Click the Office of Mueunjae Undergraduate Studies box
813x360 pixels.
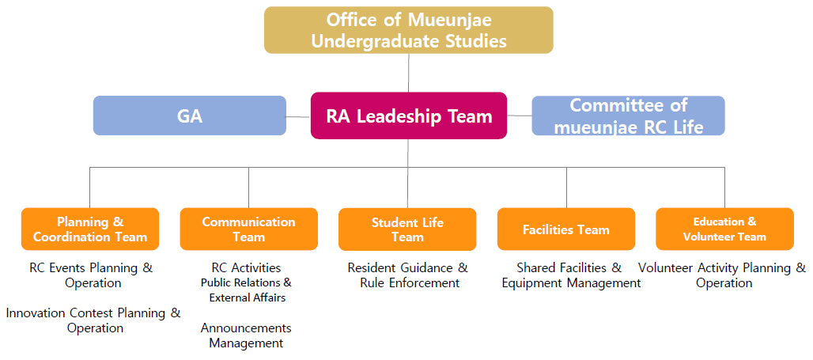pos(409,30)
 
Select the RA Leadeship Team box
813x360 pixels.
pos(409,116)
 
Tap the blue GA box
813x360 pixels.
pos(190,116)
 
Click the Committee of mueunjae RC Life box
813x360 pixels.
pos(628,116)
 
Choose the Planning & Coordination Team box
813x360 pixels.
pos(90,229)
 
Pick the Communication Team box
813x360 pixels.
pos(249,229)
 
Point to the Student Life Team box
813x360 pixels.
pos(407,229)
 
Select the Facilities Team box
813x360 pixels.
pos(566,229)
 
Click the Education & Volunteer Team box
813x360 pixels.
pos(725,229)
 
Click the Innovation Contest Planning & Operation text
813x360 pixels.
pos(94,320)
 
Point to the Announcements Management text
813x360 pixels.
pos(246,335)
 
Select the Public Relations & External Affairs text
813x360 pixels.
pos(247,290)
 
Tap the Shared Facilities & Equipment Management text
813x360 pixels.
pos(571,275)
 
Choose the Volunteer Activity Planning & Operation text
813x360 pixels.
pos(723,275)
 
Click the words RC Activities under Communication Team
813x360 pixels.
pos(246,267)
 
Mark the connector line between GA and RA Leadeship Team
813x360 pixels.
pos(298,117)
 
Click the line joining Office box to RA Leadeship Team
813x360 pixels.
pos(409,73)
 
